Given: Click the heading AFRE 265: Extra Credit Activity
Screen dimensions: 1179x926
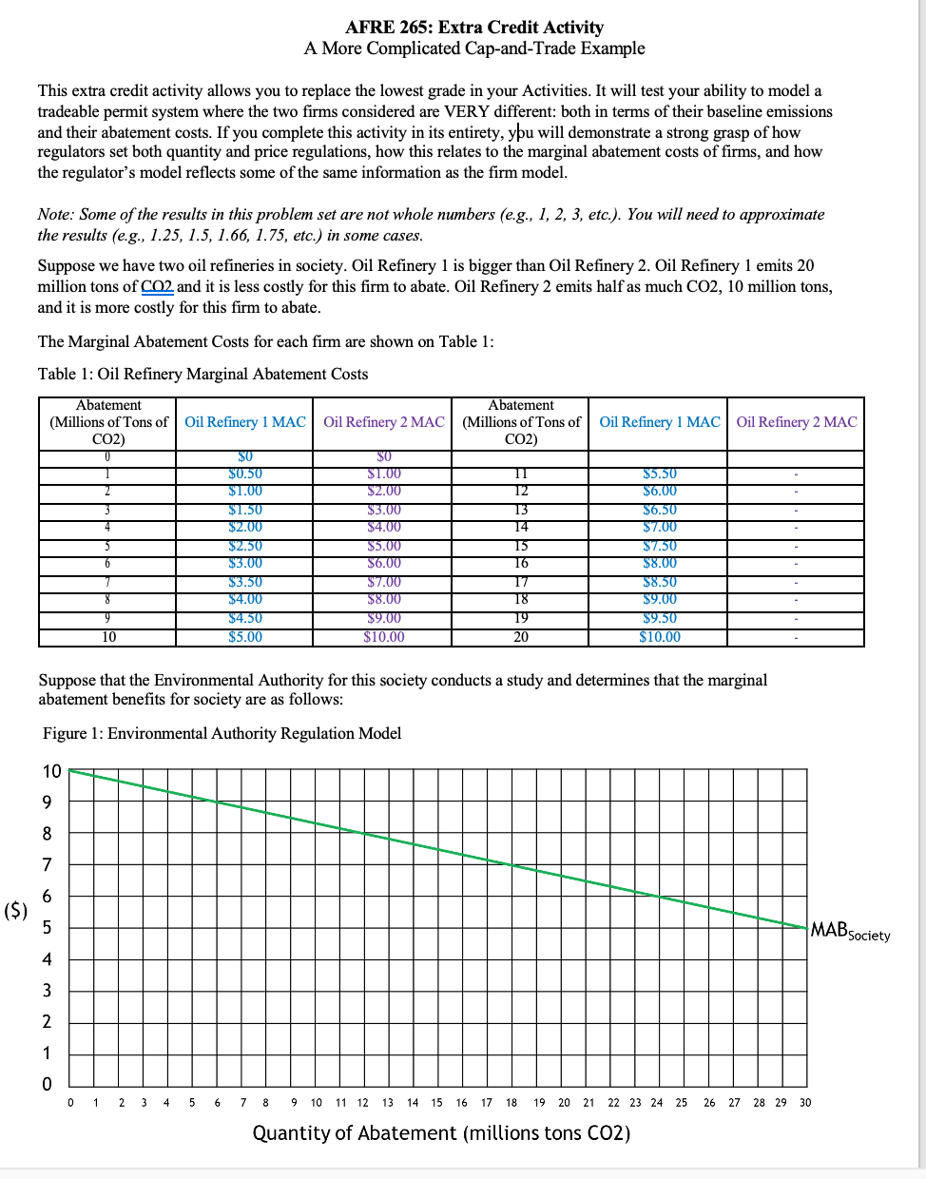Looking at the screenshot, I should [473, 28].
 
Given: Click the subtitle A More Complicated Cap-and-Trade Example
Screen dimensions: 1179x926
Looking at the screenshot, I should [473, 48].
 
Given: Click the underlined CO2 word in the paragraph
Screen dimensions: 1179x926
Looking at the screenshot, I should [158, 287].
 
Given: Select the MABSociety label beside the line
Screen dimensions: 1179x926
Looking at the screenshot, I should [849, 931].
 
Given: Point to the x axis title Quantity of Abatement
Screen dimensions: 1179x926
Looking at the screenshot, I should [441, 1133].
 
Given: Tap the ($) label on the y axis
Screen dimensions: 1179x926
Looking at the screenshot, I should [16, 910].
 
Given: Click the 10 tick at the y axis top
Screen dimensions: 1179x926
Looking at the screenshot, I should [51, 771].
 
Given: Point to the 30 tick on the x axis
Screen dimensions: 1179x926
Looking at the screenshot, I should [805, 1103].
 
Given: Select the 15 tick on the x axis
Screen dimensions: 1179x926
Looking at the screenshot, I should [436, 1103].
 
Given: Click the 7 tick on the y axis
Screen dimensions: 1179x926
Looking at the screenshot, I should [47, 865].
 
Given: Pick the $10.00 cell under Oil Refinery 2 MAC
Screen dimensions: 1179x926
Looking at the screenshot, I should [384, 637].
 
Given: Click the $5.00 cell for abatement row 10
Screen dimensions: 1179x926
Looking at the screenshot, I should [245, 637].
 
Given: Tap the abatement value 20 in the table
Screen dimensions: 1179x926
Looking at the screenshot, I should [521, 637].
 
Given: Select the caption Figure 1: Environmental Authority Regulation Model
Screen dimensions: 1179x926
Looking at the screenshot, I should [222, 733].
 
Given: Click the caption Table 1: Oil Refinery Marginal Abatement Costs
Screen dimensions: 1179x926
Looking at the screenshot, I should [203, 374].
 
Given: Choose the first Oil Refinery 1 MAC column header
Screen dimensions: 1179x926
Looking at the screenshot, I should [245, 422].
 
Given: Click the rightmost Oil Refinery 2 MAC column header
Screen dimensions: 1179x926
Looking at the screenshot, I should [796, 422].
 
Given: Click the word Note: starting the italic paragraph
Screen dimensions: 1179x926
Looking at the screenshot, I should [56, 215].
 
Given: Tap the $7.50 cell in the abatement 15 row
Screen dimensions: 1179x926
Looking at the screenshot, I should [660, 546].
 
